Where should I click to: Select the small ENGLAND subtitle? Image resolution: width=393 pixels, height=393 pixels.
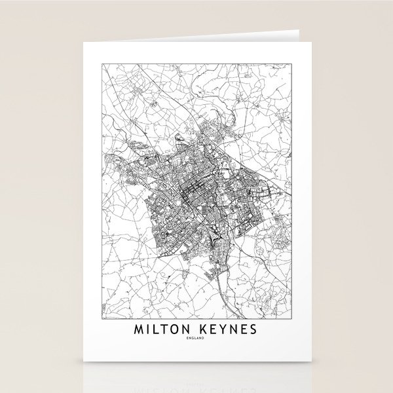point(196,338)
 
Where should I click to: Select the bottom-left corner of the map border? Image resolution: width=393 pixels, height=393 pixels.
point(102,316)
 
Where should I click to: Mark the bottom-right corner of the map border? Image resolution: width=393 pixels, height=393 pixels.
point(291,316)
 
